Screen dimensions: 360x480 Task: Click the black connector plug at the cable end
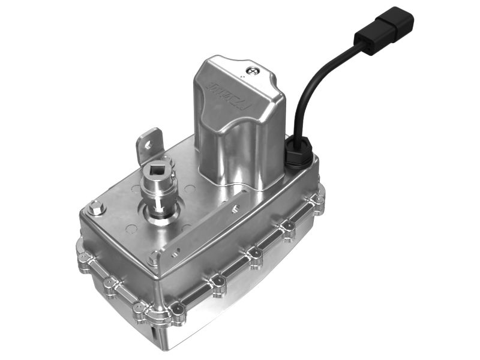(386, 30)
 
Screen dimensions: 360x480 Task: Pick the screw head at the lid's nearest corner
(154, 259)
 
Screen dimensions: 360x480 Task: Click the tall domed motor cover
(234, 126)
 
